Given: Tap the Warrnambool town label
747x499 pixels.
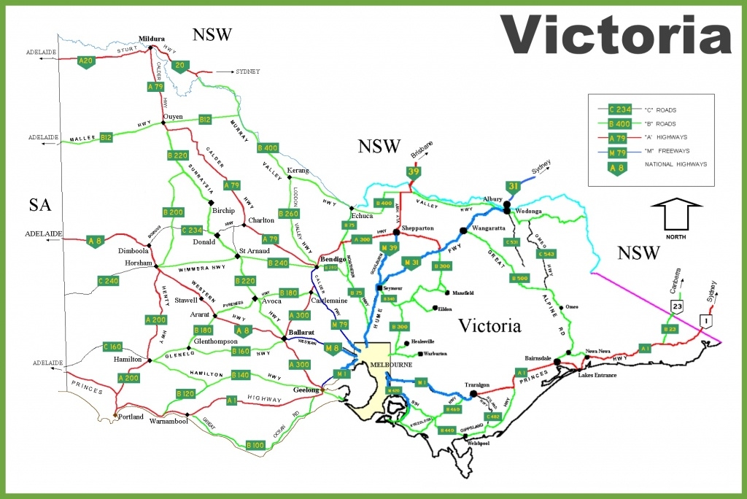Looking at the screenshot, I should point(169,422).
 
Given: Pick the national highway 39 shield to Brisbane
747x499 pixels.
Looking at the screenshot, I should point(414,172).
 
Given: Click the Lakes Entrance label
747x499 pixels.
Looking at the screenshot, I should point(597,375).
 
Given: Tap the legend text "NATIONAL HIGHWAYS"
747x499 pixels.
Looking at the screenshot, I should point(676,165).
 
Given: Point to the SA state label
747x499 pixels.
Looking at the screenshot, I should point(40,205).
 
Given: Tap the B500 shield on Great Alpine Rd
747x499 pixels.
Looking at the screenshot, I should point(519,278).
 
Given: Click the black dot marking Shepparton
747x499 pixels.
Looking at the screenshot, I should point(396,233).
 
